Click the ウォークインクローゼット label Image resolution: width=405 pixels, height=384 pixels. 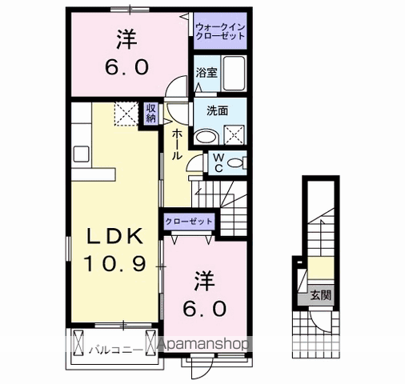[x=220, y=31]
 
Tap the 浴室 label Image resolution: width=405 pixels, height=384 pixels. [x=207, y=73]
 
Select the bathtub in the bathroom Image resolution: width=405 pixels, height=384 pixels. [x=234, y=74]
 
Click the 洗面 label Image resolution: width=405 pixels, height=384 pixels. [x=218, y=110]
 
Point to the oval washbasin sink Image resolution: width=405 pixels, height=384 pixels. [x=207, y=137]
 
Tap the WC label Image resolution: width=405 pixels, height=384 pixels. [x=219, y=163]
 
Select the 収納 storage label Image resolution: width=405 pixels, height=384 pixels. [x=150, y=113]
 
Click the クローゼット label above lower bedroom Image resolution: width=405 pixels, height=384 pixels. [x=189, y=222]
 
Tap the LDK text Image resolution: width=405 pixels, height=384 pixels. [x=115, y=237]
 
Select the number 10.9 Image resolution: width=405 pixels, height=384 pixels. [x=115, y=263]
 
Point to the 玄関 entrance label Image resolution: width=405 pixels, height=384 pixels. [x=321, y=295]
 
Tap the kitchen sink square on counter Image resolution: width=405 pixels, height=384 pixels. [x=81, y=154]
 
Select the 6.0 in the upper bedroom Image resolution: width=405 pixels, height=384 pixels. [x=126, y=67]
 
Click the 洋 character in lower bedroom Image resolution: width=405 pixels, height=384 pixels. [x=205, y=282]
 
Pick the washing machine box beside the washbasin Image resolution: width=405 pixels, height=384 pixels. [x=234, y=134]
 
